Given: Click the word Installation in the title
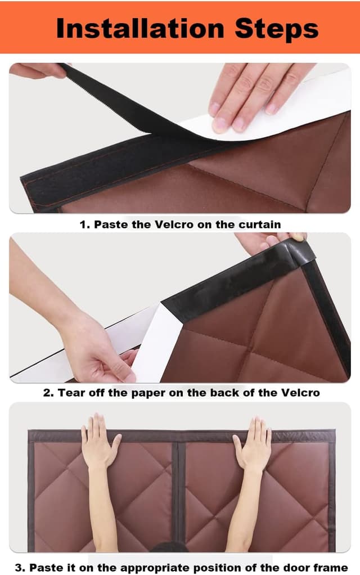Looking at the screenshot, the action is point(140,28).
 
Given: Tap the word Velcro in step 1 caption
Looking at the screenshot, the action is point(174,224).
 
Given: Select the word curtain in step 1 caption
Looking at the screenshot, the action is point(259,224).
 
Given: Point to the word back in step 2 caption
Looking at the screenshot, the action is point(224,393).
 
